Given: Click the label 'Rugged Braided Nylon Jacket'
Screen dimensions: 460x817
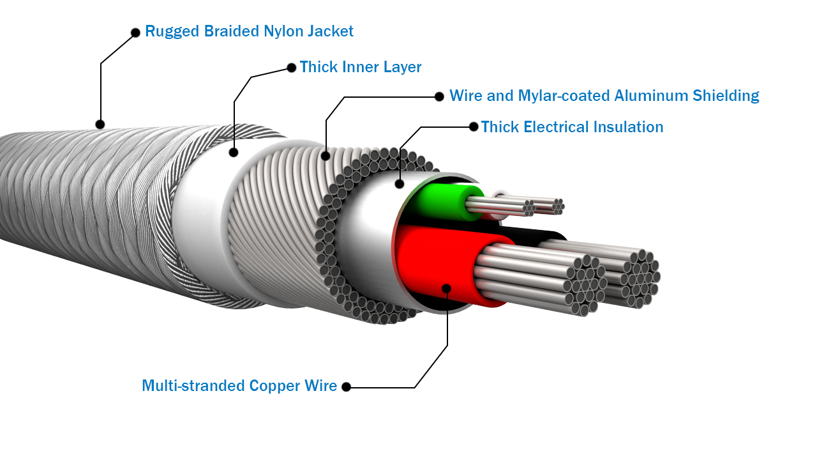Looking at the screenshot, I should click(249, 31).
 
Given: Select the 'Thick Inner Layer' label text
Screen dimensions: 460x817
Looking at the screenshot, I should click(361, 67).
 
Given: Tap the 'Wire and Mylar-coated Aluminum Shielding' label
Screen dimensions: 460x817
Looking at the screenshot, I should click(604, 96).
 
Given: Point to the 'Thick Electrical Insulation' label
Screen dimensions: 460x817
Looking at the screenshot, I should click(572, 127).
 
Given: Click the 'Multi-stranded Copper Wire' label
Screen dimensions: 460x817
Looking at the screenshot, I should click(239, 386).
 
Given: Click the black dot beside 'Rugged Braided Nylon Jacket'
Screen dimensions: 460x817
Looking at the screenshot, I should click(135, 33).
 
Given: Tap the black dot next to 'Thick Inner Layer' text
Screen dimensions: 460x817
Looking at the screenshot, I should click(292, 67).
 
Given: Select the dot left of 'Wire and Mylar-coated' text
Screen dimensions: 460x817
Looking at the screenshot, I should click(439, 96).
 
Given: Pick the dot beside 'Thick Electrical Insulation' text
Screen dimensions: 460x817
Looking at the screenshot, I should click(474, 126).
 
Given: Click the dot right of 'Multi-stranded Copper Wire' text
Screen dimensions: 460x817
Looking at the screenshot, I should click(347, 387).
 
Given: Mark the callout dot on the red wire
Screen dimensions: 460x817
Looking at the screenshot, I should click(447, 289).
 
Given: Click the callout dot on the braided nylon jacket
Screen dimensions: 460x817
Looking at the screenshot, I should click(100, 124).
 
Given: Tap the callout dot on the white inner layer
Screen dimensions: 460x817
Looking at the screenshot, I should click(234, 152).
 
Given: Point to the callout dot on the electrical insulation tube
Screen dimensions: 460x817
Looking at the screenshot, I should click(400, 184).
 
